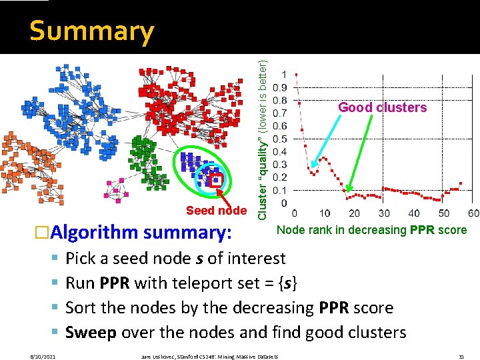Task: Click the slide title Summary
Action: pos(91,31)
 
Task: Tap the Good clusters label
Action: pos(382,107)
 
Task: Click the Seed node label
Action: pos(216,211)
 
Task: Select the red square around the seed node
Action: pos(216,179)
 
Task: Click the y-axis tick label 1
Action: pos(285,74)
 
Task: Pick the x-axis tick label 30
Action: pos(383,213)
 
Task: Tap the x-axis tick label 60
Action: pos(473,213)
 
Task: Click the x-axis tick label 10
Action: pos(324,213)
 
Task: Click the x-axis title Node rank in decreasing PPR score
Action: pos(371,231)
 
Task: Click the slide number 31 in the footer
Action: pos(461,357)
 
